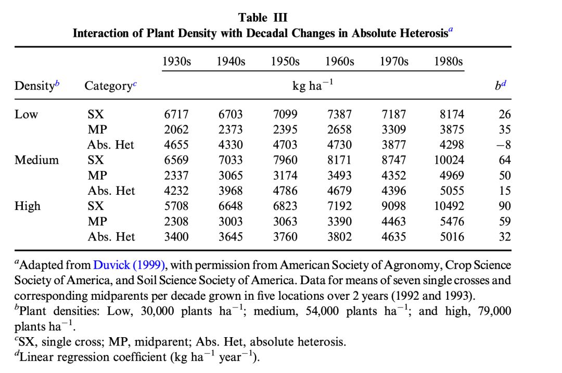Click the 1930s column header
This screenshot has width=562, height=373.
pos(176,61)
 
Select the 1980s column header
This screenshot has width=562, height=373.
pos(448,61)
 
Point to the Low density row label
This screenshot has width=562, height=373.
pos(26,114)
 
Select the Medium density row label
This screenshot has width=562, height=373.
pos(36,160)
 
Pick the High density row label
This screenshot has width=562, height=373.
pos(27,206)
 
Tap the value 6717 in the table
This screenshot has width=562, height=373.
pos(176,114)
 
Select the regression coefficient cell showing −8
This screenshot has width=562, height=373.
pos(503,145)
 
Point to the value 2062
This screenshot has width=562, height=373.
pos(176,130)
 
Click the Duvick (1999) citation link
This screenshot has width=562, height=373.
pos(129,265)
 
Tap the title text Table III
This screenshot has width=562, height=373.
pos(263,18)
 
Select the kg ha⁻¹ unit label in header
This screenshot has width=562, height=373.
pos(312,86)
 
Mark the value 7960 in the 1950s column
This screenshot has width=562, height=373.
pos(285,160)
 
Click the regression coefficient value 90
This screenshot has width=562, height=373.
pos(505,206)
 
